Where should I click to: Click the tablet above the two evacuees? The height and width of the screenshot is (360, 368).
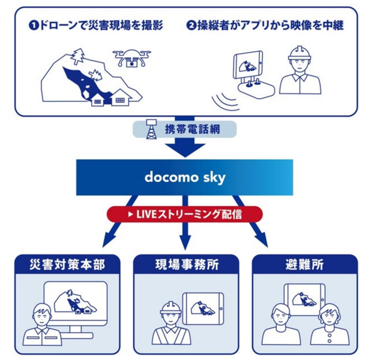pyautogui.click(x=304, y=300)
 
